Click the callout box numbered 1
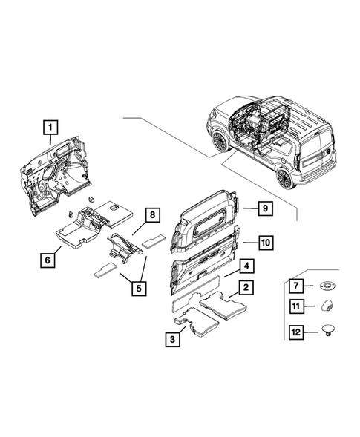50,128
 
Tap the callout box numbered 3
172,339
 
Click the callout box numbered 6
48,259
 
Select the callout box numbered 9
264,208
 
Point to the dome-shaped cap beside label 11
326,304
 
